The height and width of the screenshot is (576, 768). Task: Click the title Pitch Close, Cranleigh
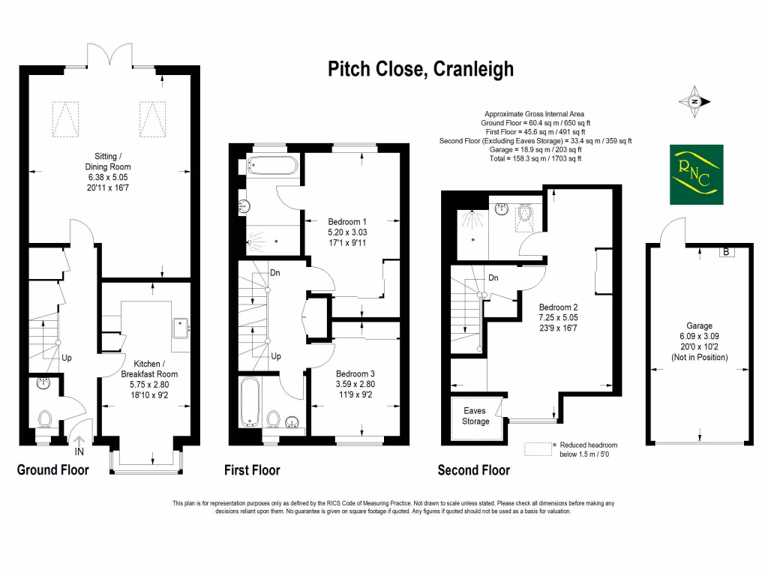(421, 69)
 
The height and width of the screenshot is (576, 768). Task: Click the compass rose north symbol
(695, 101)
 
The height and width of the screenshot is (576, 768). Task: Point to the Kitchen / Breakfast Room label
(150, 379)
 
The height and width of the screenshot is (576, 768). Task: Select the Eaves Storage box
(475, 416)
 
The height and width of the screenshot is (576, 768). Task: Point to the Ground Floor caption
(52, 470)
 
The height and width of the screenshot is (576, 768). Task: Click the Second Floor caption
(474, 470)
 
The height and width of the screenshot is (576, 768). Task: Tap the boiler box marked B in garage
(725, 252)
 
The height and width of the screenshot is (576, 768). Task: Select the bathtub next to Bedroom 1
(272, 164)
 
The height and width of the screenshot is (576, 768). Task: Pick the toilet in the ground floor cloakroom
(45, 418)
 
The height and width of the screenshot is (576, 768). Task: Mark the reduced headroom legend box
(538, 448)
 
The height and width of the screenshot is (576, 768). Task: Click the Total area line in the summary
(535, 159)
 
